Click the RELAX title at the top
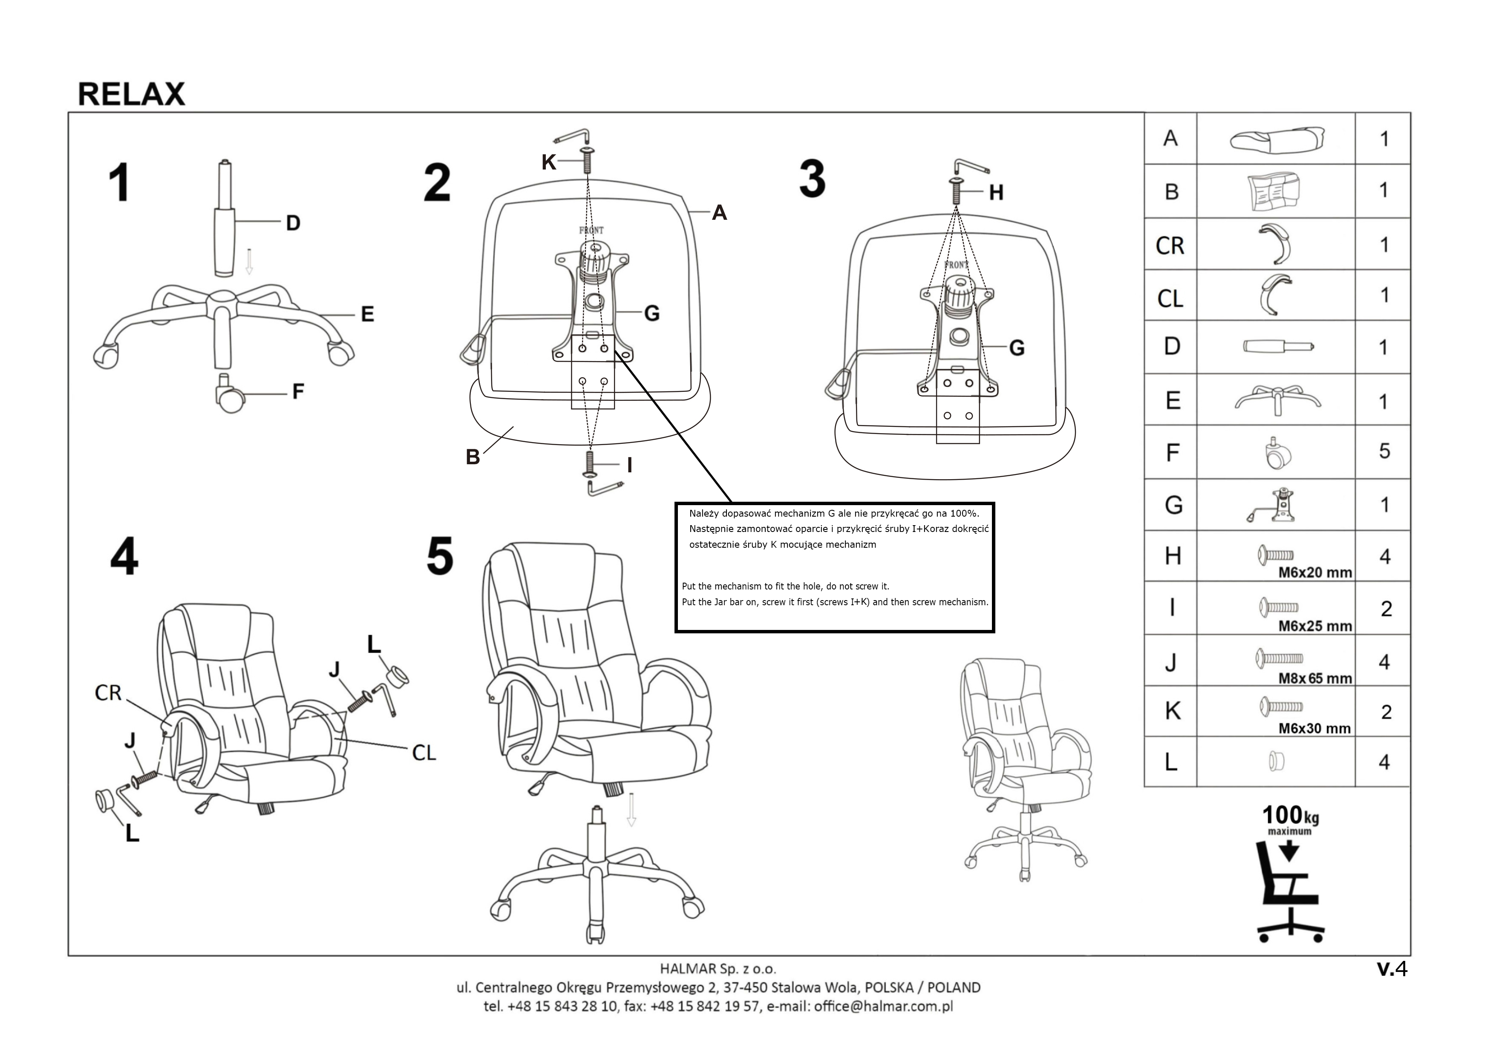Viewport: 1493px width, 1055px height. (131, 94)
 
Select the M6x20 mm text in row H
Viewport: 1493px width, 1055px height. (1315, 573)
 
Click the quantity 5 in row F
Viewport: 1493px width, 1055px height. (1384, 451)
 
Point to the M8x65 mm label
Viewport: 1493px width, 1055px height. (1315, 678)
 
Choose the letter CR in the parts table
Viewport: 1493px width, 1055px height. (1170, 246)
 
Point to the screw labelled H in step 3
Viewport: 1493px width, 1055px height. (957, 190)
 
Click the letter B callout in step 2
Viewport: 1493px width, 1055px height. (473, 457)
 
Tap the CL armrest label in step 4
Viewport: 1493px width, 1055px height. (424, 753)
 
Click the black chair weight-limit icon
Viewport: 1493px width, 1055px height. (1289, 894)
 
